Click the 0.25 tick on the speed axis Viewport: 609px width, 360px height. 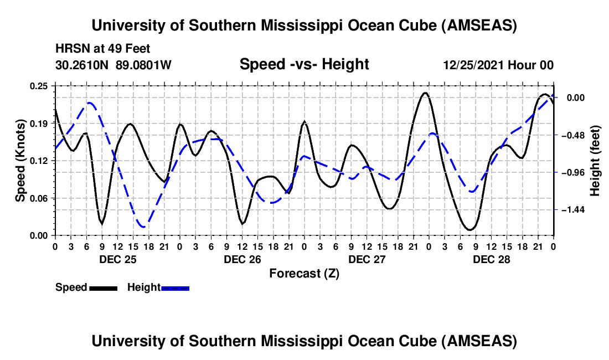40,86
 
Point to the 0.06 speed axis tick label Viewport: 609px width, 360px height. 40,198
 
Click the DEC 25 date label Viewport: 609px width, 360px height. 117,259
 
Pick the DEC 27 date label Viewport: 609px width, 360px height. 367,259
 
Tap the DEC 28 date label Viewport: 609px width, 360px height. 491,259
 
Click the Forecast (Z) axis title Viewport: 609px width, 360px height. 304,273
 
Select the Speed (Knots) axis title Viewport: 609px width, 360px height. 20,161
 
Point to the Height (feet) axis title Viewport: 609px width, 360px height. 595,161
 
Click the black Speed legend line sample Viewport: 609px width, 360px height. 103,288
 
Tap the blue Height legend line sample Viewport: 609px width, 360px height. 176,288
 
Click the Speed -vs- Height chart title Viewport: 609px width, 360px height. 304,65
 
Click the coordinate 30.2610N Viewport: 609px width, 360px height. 83,65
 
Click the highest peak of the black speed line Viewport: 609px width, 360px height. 425,92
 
